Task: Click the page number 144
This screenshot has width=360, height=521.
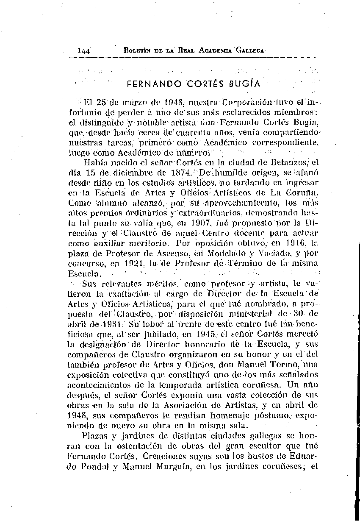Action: pos(83,50)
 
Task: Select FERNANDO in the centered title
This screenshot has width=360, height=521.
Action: pos(150,84)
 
